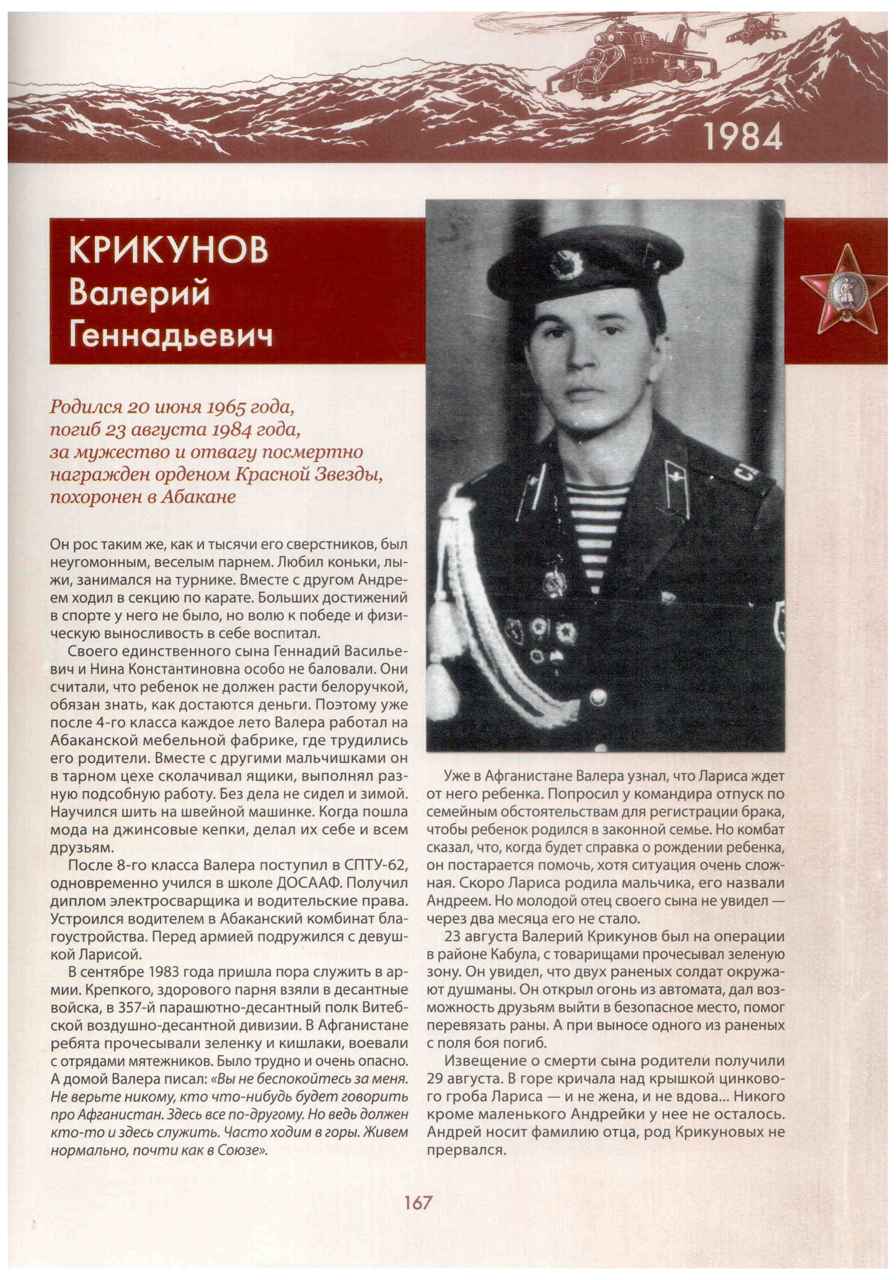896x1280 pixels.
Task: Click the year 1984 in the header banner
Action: point(743,136)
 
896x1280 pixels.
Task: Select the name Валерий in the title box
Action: point(139,293)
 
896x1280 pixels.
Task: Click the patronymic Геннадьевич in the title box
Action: point(171,336)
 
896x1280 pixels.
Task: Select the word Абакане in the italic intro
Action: point(198,497)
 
